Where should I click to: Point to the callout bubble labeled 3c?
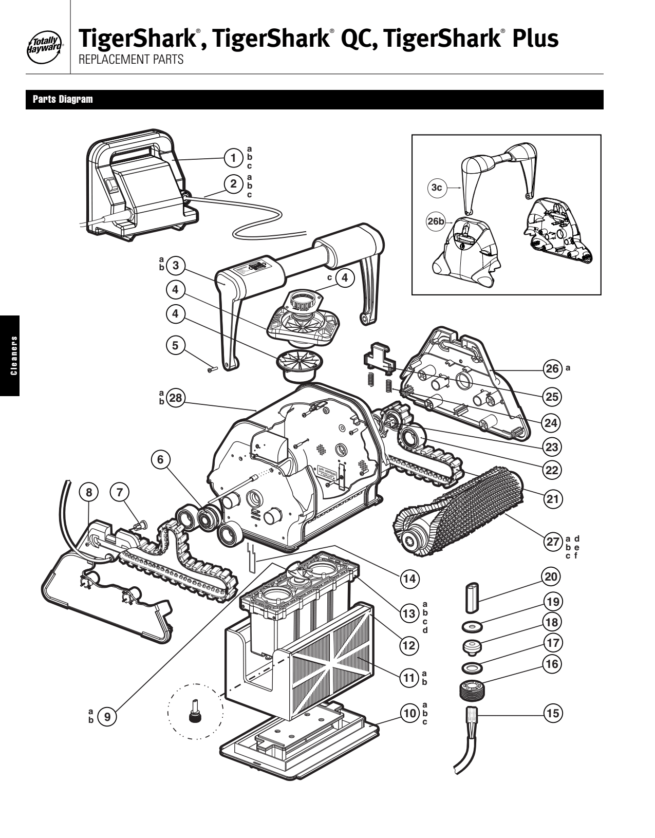(x=437, y=188)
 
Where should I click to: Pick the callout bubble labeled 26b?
(x=436, y=221)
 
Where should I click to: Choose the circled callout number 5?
(x=176, y=345)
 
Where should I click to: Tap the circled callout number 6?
(x=160, y=460)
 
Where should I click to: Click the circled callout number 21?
(x=552, y=498)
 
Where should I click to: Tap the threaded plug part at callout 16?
(x=471, y=687)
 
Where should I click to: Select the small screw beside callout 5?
(x=213, y=368)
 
